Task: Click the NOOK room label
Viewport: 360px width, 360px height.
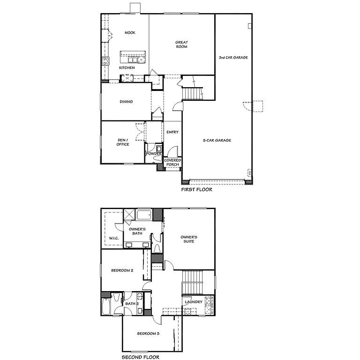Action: click(x=130, y=33)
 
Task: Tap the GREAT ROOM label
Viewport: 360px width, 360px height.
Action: click(x=182, y=45)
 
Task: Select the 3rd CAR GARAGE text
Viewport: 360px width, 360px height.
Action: click(x=233, y=58)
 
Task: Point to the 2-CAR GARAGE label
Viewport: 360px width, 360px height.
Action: click(x=217, y=140)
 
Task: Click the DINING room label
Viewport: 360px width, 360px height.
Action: click(x=126, y=102)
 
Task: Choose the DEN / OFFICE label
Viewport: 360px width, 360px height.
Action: click(x=123, y=142)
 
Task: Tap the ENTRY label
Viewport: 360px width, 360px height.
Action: click(x=172, y=132)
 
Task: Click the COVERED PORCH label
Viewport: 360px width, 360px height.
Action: click(x=172, y=162)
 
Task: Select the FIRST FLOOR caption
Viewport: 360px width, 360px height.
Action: click(x=197, y=190)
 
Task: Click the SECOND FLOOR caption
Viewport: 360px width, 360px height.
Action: click(x=141, y=357)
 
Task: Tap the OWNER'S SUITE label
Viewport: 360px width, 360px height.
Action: click(x=189, y=240)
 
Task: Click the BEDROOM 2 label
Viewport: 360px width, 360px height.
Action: click(x=122, y=270)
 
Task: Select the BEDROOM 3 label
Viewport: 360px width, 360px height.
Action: click(x=148, y=334)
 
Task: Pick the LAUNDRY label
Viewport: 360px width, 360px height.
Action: click(x=194, y=302)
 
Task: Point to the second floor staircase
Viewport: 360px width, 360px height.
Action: click(x=191, y=282)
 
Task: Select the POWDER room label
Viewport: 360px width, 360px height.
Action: click(x=154, y=154)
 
